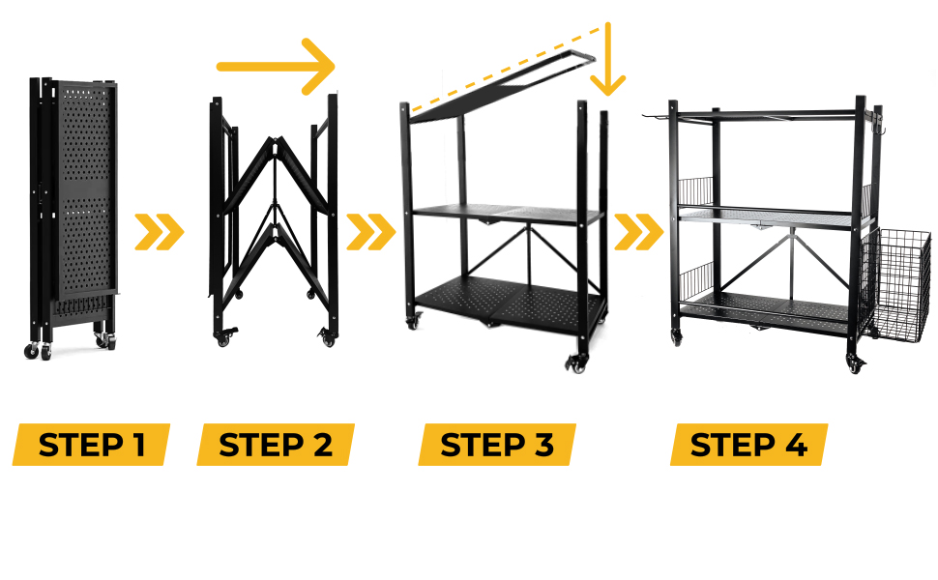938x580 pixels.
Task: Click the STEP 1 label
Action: (x=92, y=445)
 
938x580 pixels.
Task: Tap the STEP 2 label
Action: (x=276, y=445)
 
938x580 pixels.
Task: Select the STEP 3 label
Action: (x=497, y=445)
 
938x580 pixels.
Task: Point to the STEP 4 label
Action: (x=748, y=445)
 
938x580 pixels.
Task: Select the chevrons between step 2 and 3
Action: (x=370, y=232)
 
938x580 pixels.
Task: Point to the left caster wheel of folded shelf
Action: (x=33, y=350)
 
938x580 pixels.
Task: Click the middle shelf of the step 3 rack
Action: (x=503, y=214)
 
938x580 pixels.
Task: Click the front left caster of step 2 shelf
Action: (x=226, y=337)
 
